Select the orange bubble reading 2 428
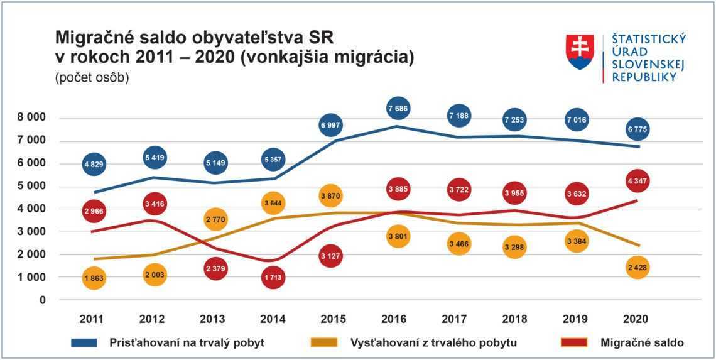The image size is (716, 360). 638,268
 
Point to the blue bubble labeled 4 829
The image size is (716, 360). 94,164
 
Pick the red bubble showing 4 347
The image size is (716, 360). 638,180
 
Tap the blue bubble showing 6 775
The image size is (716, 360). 638,129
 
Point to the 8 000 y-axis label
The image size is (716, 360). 31,117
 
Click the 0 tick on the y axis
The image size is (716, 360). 43,300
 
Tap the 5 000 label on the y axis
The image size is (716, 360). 31,186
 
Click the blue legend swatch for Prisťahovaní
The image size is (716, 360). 84,342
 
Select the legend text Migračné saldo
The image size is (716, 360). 642,342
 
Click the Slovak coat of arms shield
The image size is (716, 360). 580,52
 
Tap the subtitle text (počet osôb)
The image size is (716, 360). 92,79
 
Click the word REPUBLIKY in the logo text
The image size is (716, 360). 643,77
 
